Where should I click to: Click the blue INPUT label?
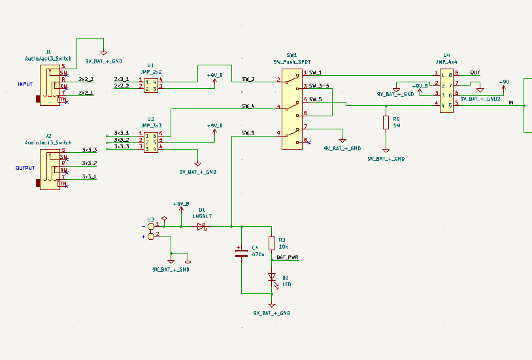click(25, 84)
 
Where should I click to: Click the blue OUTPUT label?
click(25, 167)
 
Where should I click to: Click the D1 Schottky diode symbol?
click(201, 227)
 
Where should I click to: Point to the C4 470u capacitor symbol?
click(241, 253)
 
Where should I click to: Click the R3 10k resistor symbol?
click(272, 243)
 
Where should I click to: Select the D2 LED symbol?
click(272, 278)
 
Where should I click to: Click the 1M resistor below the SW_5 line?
click(386, 122)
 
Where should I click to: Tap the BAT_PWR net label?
click(288, 257)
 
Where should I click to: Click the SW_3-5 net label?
click(319, 86)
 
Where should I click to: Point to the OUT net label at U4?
click(475, 73)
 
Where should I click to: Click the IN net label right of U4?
click(511, 103)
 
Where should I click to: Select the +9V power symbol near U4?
click(503, 84)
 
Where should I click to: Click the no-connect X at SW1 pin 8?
click(308, 142)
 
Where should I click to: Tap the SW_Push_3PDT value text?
click(291, 61)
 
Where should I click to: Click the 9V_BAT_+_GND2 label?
click(480, 99)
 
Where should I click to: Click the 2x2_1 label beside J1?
click(86, 93)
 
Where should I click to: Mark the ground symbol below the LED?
click(272, 305)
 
